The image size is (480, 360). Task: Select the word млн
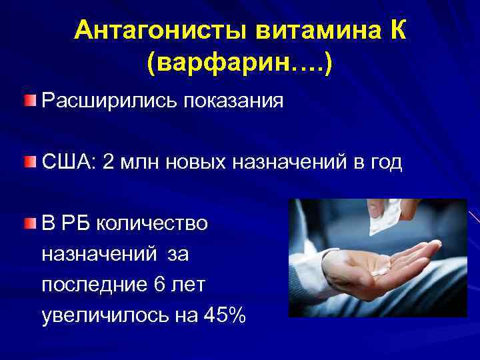(140, 163)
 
